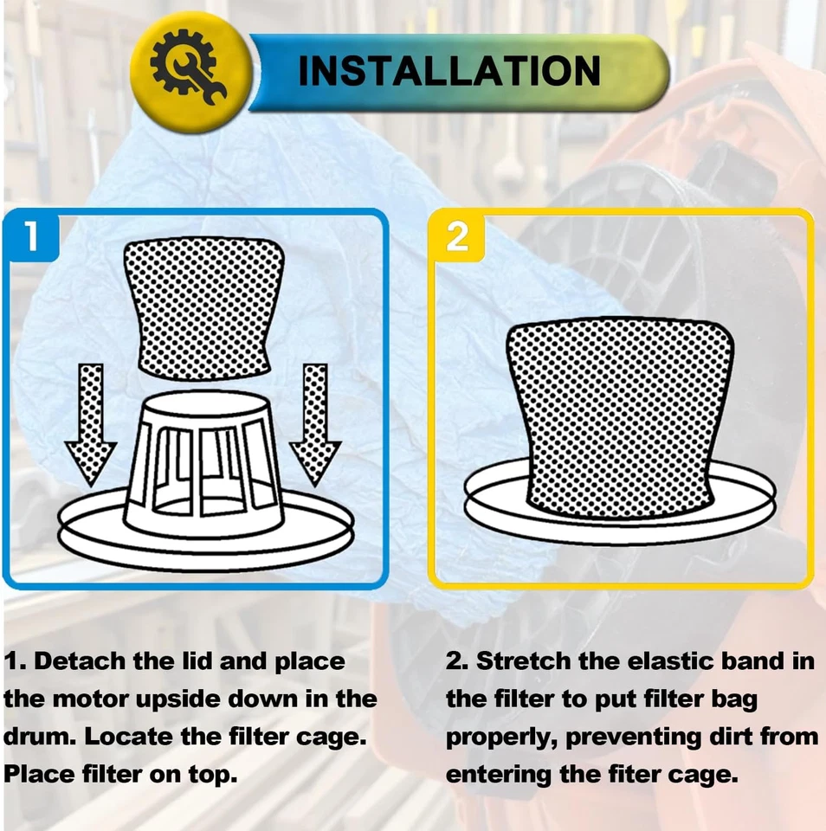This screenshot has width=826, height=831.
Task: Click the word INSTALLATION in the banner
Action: point(448,71)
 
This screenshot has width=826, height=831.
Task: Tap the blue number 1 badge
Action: point(31,236)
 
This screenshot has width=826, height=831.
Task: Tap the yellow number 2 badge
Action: point(457,236)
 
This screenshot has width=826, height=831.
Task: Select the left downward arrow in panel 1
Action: point(90,424)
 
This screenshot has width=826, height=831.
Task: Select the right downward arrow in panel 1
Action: point(314,424)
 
